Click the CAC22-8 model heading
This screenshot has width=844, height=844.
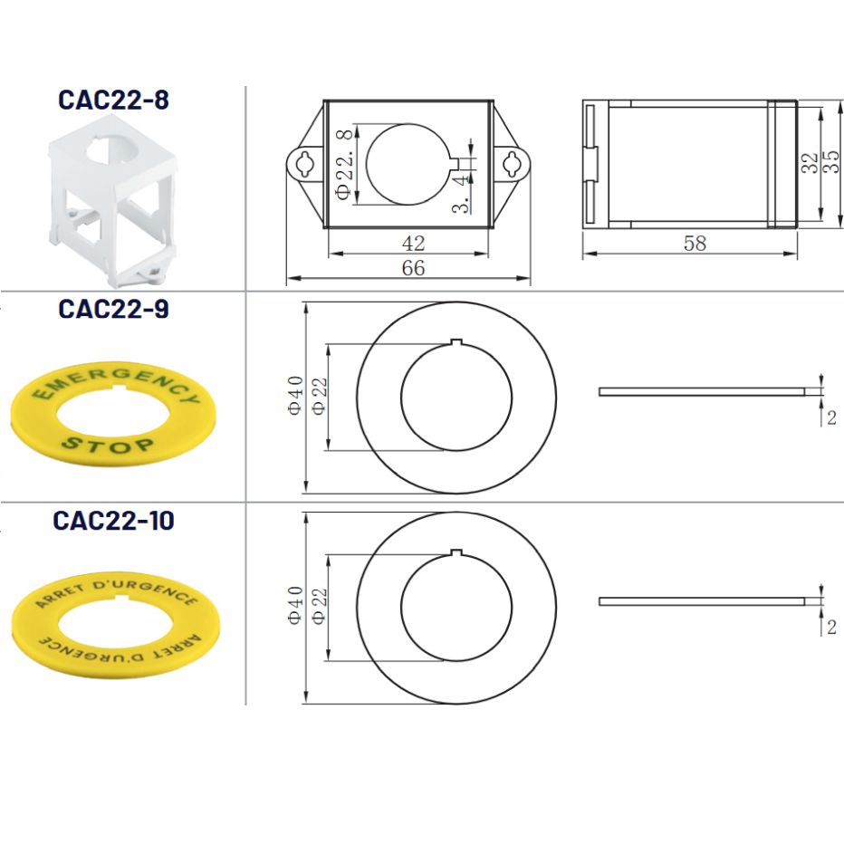click(x=113, y=100)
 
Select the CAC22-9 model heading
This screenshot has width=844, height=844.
click(x=113, y=309)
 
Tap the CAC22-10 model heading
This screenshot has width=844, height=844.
click(x=113, y=521)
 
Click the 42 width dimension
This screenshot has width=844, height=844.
click(x=413, y=244)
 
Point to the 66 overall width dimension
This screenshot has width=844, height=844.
click(x=413, y=268)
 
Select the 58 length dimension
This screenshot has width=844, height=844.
click(x=695, y=244)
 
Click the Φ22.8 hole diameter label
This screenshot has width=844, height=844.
click(x=344, y=164)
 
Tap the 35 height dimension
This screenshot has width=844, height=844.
click(x=831, y=161)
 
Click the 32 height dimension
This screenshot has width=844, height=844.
click(x=809, y=163)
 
